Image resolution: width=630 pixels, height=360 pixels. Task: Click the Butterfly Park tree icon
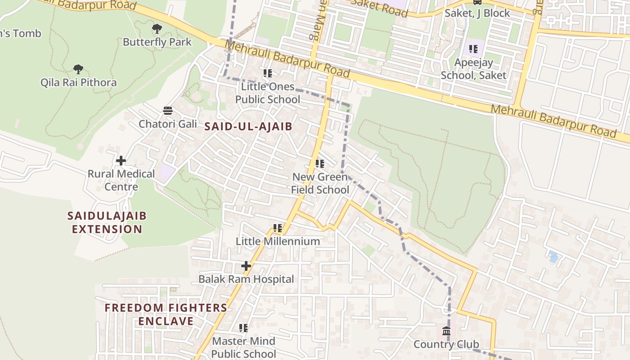point(157,29)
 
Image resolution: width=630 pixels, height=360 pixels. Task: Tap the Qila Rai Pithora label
point(78,82)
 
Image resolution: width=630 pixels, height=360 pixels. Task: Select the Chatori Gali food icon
point(168,111)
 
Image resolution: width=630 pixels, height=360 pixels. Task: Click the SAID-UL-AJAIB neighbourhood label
point(248,126)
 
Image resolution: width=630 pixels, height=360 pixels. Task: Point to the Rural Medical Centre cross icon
point(121,161)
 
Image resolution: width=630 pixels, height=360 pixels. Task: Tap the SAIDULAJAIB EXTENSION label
point(107,222)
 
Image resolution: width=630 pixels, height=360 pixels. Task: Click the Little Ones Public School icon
point(268,73)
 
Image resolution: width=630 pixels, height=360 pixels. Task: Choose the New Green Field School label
point(320,183)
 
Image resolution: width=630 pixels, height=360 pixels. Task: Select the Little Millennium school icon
point(278,228)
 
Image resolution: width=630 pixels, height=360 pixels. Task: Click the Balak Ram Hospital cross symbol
point(246,266)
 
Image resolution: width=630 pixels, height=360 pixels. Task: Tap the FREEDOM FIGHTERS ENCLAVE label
point(166,314)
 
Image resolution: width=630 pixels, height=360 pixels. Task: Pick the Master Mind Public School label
point(243,347)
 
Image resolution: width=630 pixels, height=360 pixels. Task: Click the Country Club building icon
point(446,331)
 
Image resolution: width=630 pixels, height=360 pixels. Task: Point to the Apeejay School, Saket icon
point(473,49)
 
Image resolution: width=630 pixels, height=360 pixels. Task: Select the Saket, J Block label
point(477,13)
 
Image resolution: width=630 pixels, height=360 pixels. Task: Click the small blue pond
point(553,257)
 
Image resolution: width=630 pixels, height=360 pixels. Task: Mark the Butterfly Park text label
point(157,42)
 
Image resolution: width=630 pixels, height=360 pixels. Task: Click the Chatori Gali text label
point(168,124)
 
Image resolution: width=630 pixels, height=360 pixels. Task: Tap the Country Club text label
point(446,345)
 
